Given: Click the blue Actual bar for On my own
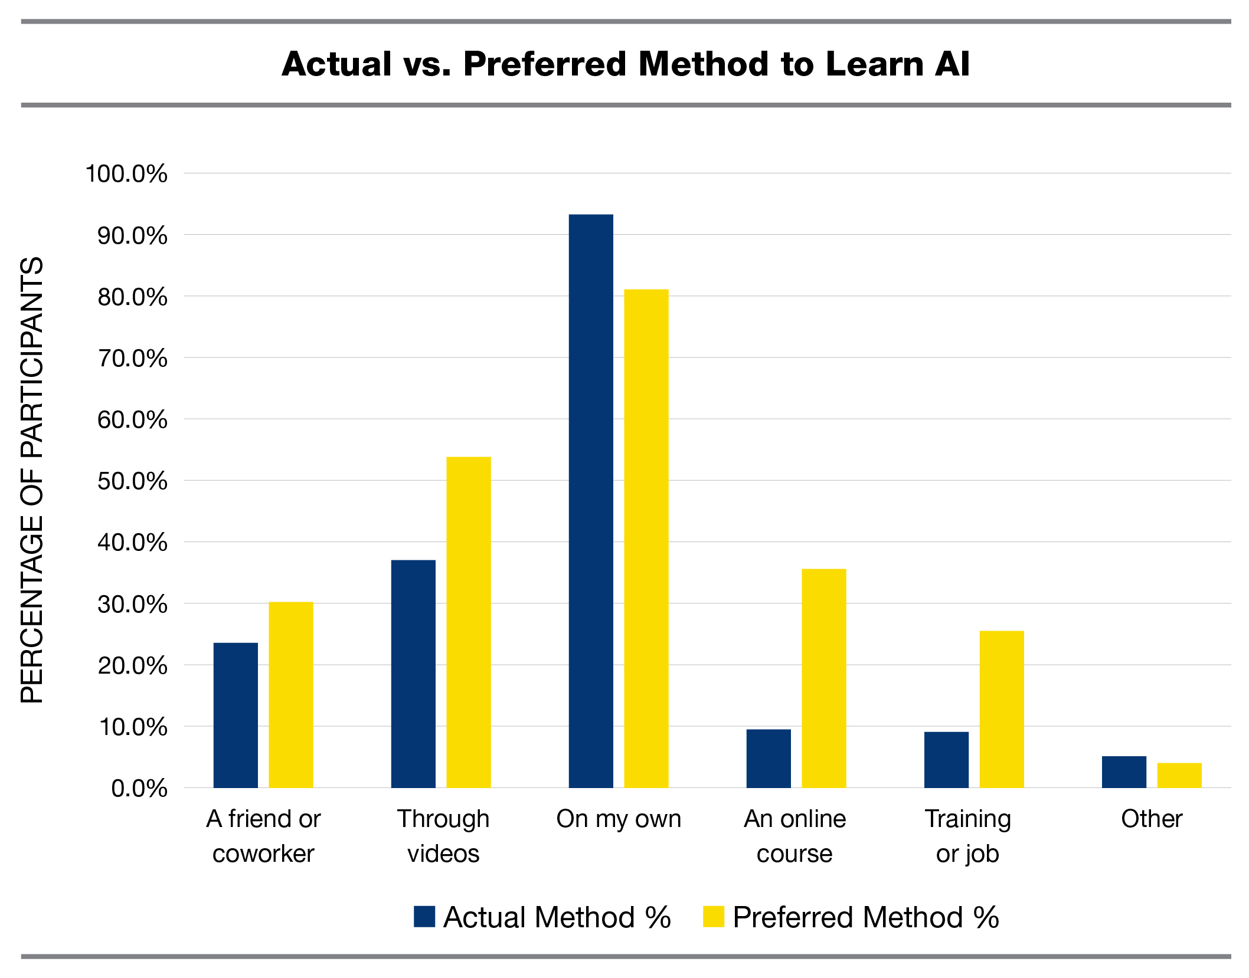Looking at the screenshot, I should (591, 501).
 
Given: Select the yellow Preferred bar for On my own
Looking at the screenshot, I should (646, 538).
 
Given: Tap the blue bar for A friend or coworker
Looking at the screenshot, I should (236, 715).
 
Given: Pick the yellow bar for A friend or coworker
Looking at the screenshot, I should (291, 695).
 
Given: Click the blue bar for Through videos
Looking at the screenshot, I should (413, 674).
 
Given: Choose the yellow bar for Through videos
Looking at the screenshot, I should (469, 622).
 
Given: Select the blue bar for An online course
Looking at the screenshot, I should (769, 759).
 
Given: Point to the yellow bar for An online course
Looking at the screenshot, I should (824, 678).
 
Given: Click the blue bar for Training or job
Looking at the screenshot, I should (946, 760).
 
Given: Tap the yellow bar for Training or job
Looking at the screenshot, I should (1002, 709).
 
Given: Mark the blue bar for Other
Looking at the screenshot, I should (1124, 772).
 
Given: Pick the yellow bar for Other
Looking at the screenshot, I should (1179, 775).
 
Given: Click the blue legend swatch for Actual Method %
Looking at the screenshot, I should (424, 917).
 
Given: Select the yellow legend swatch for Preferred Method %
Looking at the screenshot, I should (714, 917).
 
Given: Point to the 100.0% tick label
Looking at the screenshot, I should (126, 174).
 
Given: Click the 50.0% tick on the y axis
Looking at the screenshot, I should (132, 481).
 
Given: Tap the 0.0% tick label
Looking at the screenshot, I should (139, 789).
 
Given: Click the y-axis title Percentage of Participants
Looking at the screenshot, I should (32, 480).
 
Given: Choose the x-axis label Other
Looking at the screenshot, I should (1152, 819).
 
